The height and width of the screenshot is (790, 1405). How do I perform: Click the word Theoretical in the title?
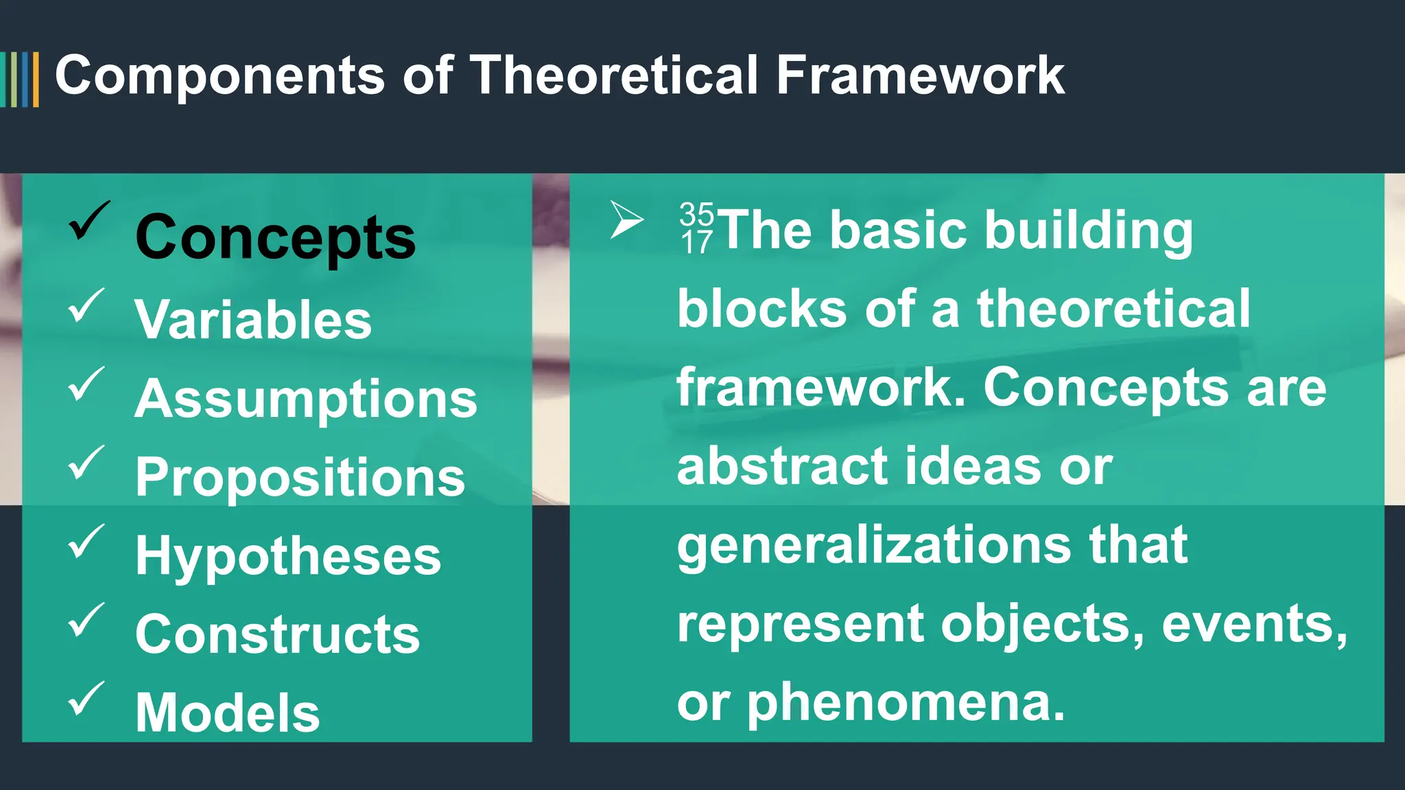tap(614, 75)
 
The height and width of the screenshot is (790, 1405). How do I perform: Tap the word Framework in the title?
tap(920, 75)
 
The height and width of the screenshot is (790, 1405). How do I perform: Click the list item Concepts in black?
tap(275, 237)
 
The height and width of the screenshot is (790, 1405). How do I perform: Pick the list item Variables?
tap(253, 320)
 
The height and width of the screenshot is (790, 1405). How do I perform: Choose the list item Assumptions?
tap(306, 399)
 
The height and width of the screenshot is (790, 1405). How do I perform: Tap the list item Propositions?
tap(300, 477)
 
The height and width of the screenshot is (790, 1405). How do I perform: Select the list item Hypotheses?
tap(288, 555)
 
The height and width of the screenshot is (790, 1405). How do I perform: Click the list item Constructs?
tap(277, 634)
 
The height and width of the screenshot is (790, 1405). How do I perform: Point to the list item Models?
tap(227, 713)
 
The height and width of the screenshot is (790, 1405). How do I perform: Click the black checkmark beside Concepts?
tap(88, 221)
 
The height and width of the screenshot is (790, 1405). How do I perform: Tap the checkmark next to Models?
tap(86, 698)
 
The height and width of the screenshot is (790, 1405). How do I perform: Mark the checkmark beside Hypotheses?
tap(86, 541)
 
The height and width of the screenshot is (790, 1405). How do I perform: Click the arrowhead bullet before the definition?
tap(626, 220)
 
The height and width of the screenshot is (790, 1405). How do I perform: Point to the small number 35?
tap(696, 214)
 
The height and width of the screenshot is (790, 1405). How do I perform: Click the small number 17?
tap(696, 242)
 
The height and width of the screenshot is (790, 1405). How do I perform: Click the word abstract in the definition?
tap(781, 466)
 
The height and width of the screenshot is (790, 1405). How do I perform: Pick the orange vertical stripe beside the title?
tap(36, 80)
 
